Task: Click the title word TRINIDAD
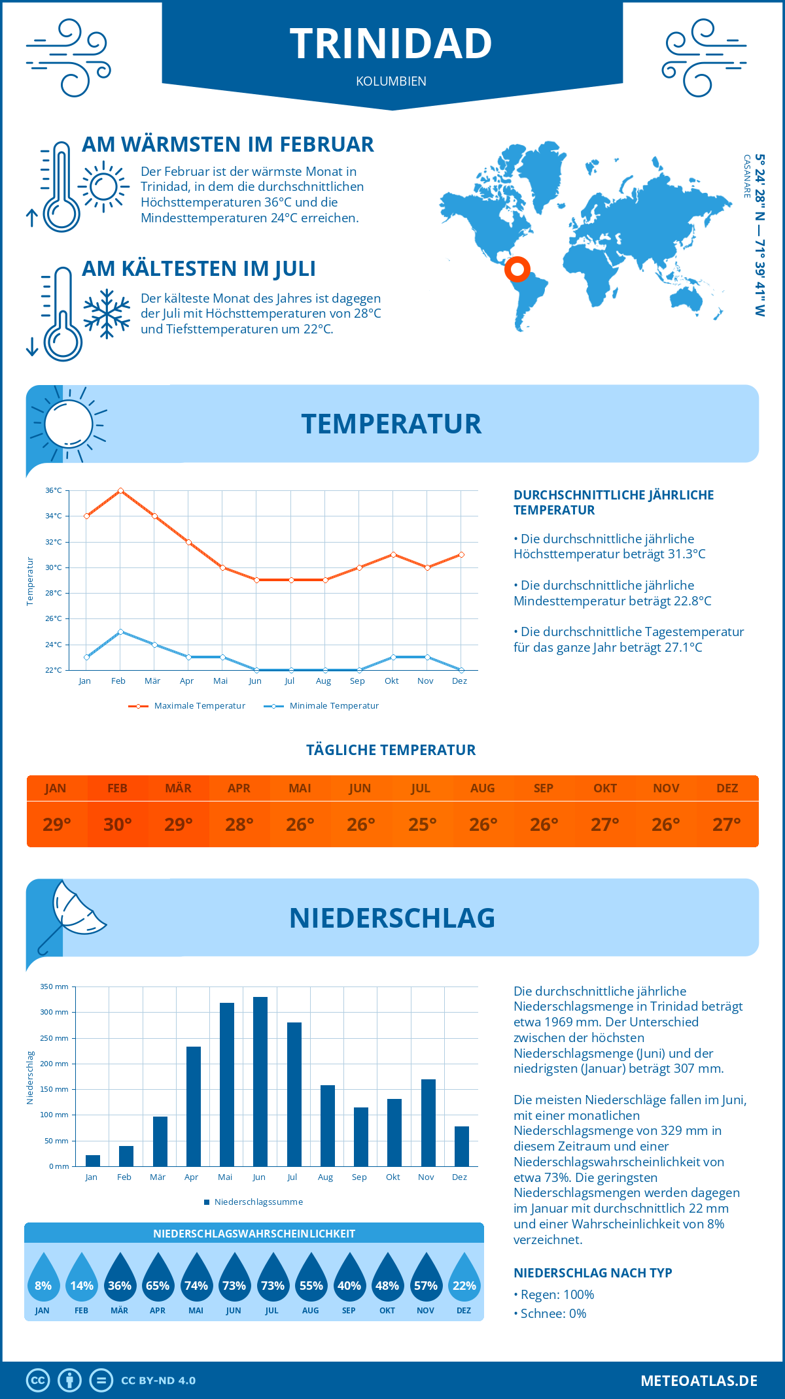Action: [x=391, y=44]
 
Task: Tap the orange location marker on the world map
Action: [x=517, y=269]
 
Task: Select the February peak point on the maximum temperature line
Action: [x=120, y=490]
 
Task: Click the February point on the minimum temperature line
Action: [x=120, y=632]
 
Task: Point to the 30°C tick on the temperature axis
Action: [x=54, y=567]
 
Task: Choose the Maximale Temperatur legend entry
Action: [x=187, y=706]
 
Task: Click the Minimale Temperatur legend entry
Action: [x=322, y=706]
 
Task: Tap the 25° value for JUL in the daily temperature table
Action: [x=422, y=824]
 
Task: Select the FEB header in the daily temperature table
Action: [x=117, y=788]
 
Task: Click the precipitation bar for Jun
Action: [x=260, y=1081]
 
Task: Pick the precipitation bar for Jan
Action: [x=93, y=1160]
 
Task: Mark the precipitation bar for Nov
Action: [x=428, y=1122]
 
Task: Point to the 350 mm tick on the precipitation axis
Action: [x=55, y=986]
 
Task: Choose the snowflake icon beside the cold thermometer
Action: [x=107, y=314]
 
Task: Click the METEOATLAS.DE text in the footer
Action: [x=699, y=1381]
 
